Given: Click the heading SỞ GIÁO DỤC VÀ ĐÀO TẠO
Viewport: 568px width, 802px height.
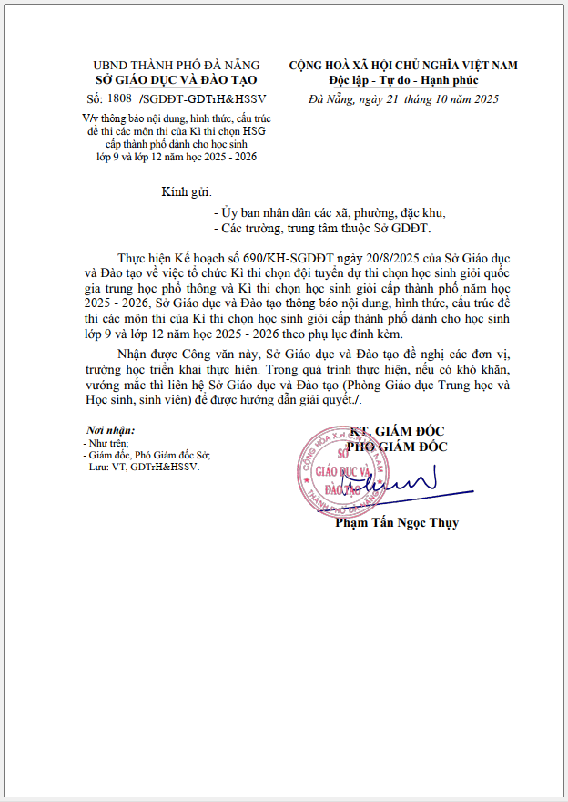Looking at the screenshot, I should [x=176, y=79].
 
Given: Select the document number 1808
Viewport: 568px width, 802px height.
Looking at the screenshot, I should [x=120, y=97].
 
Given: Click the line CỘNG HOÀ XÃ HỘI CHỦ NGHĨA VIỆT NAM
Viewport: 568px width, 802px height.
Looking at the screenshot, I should [x=403, y=65].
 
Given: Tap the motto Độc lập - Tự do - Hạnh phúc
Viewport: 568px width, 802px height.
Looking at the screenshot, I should [x=402, y=80].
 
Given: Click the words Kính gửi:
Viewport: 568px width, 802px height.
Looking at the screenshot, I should [x=187, y=191].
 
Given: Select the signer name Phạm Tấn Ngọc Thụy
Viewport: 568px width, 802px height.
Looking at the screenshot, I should [x=397, y=523].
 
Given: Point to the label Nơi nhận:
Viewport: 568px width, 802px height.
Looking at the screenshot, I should [x=110, y=429].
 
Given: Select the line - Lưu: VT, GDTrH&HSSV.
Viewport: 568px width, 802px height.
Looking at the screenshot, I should [x=140, y=466].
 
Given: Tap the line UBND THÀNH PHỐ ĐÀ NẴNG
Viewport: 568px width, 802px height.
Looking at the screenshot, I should [x=176, y=65].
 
